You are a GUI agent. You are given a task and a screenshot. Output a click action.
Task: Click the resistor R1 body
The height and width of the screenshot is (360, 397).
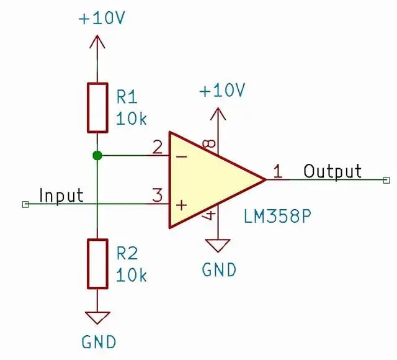coord(97,107)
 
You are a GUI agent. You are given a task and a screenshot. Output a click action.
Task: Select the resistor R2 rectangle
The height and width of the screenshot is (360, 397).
coord(97,263)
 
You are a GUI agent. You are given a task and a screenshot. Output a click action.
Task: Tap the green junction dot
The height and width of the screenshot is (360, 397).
coord(97,155)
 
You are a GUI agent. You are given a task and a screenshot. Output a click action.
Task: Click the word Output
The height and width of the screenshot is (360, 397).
coord(332,171)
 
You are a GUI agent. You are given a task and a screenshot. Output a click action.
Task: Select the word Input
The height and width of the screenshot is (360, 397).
coord(61,196)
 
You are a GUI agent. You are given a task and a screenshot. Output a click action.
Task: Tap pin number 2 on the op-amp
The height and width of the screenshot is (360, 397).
coord(157,147)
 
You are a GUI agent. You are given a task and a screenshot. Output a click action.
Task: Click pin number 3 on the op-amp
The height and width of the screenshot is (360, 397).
coord(157,196)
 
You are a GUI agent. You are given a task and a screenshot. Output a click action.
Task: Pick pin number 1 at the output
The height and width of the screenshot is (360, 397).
coord(277,171)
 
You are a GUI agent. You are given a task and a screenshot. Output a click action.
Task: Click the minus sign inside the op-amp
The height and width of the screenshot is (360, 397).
coord(182,156)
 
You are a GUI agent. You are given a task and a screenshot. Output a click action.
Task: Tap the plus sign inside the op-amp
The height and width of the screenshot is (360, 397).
coord(182,204)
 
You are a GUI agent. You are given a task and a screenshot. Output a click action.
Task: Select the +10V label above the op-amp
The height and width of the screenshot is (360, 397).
coord(222,91)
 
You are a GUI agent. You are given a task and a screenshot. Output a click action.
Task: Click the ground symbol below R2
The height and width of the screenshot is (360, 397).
coord(97,318)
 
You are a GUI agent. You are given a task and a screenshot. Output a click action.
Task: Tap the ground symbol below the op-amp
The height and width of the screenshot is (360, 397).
coord(218,246)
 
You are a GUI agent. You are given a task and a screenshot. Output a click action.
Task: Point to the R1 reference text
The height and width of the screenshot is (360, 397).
coord(127,97)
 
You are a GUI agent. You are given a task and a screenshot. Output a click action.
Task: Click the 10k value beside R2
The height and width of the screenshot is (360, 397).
coord(132,274)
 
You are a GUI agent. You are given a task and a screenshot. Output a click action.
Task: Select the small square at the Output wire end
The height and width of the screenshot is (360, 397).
coord(386,179)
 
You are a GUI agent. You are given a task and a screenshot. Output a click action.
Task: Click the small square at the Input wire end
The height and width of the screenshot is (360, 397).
coord(25,204)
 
